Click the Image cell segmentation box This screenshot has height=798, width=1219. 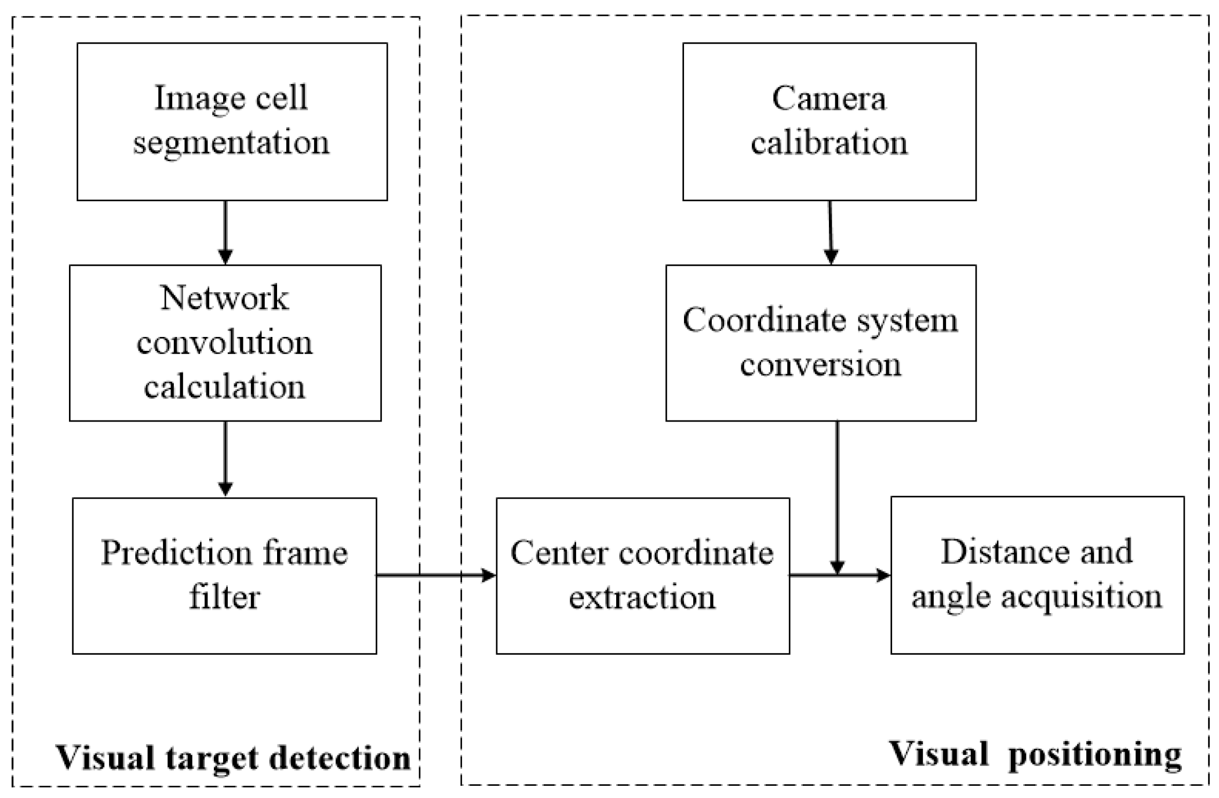232,121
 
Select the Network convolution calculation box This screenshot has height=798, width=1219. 225,343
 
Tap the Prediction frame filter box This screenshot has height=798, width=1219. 224,575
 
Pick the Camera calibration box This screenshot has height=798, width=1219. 829,121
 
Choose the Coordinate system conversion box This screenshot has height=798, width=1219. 820,343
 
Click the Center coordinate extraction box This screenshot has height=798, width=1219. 642,575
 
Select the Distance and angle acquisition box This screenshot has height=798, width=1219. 1037,575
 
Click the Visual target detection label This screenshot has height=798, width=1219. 233,757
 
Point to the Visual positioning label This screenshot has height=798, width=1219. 1035,755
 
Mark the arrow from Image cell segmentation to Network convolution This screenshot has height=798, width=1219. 225,232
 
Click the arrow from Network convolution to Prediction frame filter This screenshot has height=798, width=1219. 225,458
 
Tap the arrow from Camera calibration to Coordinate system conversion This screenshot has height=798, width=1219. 830,232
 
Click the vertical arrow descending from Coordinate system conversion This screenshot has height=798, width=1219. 837,493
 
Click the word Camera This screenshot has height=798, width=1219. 829,98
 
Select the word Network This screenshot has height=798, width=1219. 224,298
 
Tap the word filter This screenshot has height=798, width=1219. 224,597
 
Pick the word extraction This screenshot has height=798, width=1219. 642,597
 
